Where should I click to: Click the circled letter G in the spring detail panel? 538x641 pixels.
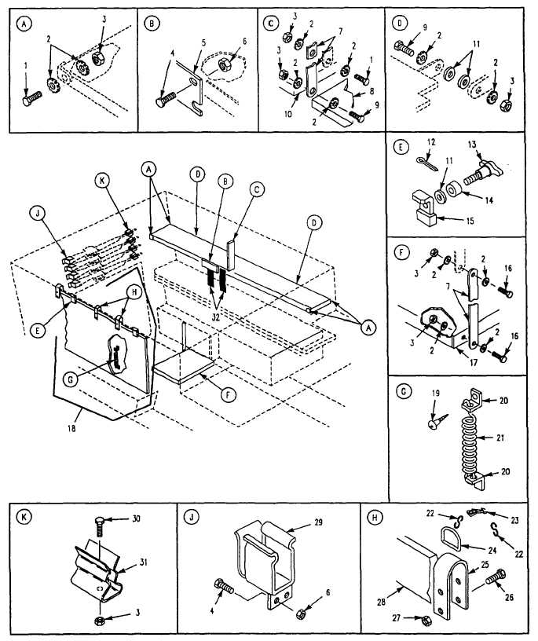tap(404, 391)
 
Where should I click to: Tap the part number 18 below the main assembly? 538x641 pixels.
tap(71, 428)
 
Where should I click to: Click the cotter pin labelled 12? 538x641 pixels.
tap(427, 163)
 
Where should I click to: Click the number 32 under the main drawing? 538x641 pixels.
tap(215, 317)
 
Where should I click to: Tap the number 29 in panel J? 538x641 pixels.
tap(317, 522)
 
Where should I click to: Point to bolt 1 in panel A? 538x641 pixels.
tap(32, 98)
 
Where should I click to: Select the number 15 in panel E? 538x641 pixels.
tap(470, 221)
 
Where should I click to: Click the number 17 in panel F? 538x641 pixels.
tap(474, 362)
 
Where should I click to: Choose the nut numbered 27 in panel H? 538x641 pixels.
tap(424, 618)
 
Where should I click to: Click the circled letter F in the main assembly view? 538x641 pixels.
tap(227, 395)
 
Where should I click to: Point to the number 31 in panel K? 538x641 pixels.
tap(143, 562)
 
